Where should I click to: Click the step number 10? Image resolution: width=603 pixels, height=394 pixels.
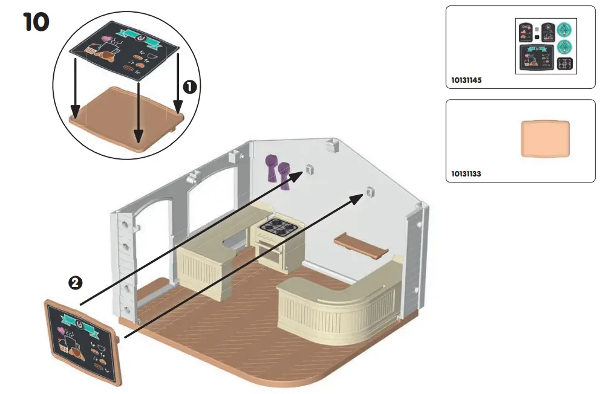pos(36,22)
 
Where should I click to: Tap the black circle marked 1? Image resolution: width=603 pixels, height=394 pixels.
pos(190,88)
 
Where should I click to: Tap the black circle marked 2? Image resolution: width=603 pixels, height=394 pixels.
pos(75,282)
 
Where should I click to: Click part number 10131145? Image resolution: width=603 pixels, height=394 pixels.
pos(466,80)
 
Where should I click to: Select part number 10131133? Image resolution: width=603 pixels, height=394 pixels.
pos(466,174)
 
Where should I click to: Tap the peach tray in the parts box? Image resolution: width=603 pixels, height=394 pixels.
pos(546,138)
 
